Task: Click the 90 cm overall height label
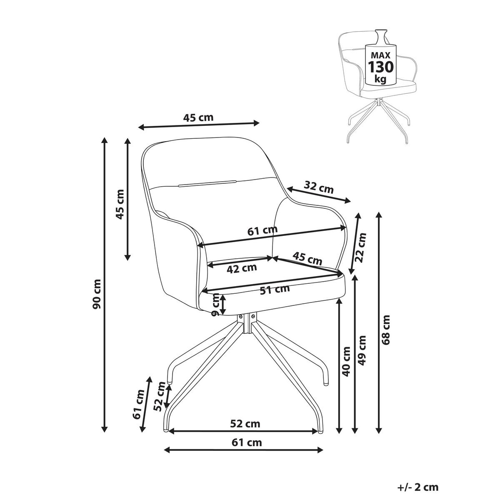97,294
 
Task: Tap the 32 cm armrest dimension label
319,187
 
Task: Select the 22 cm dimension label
360,248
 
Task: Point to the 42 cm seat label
242,268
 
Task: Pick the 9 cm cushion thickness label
215,304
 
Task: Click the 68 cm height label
386,330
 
